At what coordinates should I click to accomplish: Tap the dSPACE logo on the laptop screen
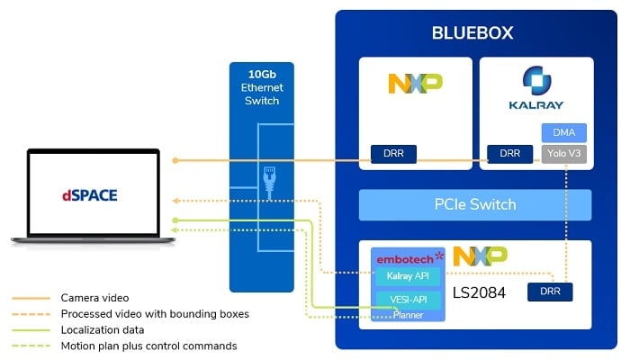(90, 193)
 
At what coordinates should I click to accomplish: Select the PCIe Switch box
(475, 205)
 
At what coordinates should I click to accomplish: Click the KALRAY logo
(536, 91)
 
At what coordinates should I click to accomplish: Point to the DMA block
(563, 132)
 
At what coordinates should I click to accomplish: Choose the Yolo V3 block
(563, 154)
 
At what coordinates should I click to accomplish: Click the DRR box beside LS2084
(548, 293)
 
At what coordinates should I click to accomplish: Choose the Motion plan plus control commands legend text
(148, 346)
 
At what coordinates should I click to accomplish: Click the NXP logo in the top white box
(415, 84)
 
